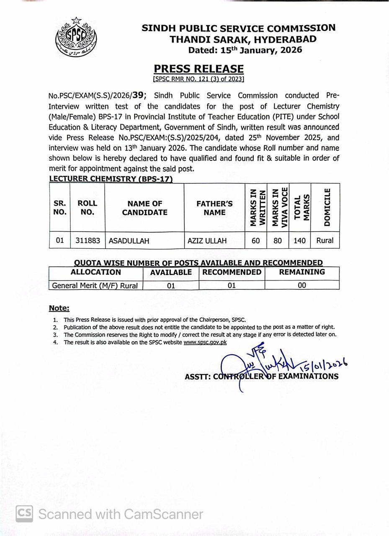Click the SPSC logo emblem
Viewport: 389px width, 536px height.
point(76,38)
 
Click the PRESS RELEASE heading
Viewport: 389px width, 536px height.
point(198,69)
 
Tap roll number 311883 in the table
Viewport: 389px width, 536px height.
point(88,241)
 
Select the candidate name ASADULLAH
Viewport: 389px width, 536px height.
point(129,241)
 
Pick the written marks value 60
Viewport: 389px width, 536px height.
point(255,241)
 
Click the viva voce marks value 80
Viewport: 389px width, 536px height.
point(278,241)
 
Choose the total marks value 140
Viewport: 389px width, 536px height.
point(300,241)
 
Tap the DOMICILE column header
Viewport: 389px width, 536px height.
point(327,207)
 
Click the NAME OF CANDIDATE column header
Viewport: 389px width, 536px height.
point(144,208)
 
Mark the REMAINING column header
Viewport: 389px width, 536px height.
point(302,272)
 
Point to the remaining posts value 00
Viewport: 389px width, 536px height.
point(302,286)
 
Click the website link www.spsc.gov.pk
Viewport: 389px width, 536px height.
point(205,342)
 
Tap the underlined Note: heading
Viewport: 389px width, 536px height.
point(59,308)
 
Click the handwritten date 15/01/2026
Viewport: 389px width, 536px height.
point(323,365)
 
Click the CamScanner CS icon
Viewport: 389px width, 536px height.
point(24,514)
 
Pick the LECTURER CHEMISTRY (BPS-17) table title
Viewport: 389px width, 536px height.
point(111,179)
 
